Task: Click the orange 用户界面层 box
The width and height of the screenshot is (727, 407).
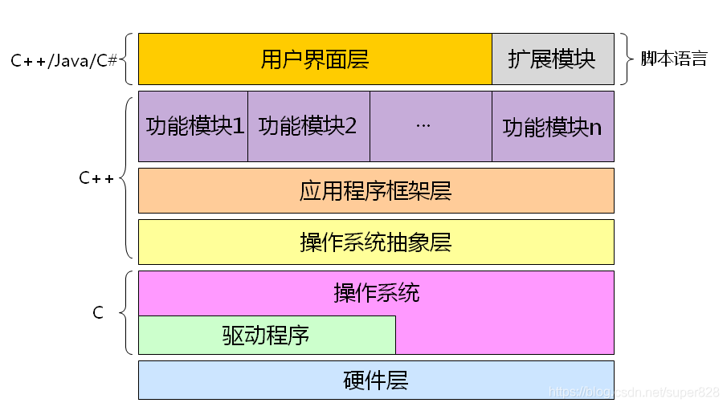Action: [315, 59]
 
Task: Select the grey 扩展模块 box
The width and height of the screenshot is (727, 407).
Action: [553, 59]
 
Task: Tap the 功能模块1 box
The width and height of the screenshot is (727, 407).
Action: [194, 126]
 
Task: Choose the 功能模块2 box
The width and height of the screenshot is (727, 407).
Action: [308, 126]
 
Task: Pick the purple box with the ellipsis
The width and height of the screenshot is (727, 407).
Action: [431, 126]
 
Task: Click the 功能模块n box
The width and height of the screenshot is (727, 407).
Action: [553, 126]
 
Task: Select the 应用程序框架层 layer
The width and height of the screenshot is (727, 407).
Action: [376, 190]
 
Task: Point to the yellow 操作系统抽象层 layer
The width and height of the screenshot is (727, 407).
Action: [376, 242]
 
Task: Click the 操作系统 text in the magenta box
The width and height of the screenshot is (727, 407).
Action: [376, 293]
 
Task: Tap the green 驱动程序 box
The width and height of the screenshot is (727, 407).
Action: [267, 335]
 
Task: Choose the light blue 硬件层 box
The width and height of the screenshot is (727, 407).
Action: [376, 380]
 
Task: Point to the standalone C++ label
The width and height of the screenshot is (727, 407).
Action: [96, 178]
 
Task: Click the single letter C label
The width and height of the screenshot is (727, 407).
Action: [98, 313]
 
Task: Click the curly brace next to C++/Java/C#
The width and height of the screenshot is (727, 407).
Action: [129, 59]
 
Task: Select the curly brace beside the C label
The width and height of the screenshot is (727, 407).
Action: [127, 312]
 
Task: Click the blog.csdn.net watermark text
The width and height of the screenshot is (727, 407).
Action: [633, 392]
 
